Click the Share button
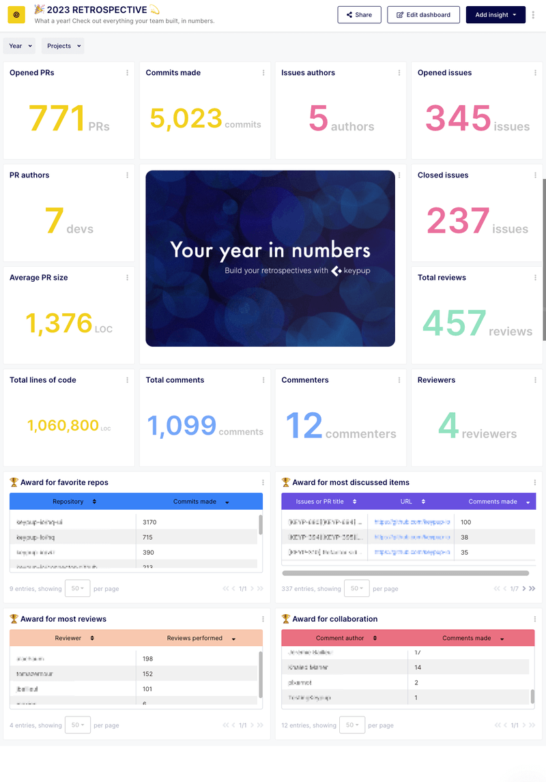click(359, 14)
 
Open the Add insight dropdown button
click(495, 14)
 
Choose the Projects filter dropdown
click(63, 46)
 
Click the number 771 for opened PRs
click(57, 118)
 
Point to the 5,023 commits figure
click(186, 119)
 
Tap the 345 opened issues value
click(458, 118)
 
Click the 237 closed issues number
click(458, 221)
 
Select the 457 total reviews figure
click(455, 323)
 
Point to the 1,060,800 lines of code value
click(63, 426)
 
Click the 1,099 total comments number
click(182, 426)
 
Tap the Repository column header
click(68, 502)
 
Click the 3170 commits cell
click(149, 522)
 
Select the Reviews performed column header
click(195, 638)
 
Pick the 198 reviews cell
click(147, 658)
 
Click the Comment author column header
click(340, 638)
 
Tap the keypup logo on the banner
click(351, 271)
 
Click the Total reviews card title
click(442, 278)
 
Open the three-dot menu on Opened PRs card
click(127, 73)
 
